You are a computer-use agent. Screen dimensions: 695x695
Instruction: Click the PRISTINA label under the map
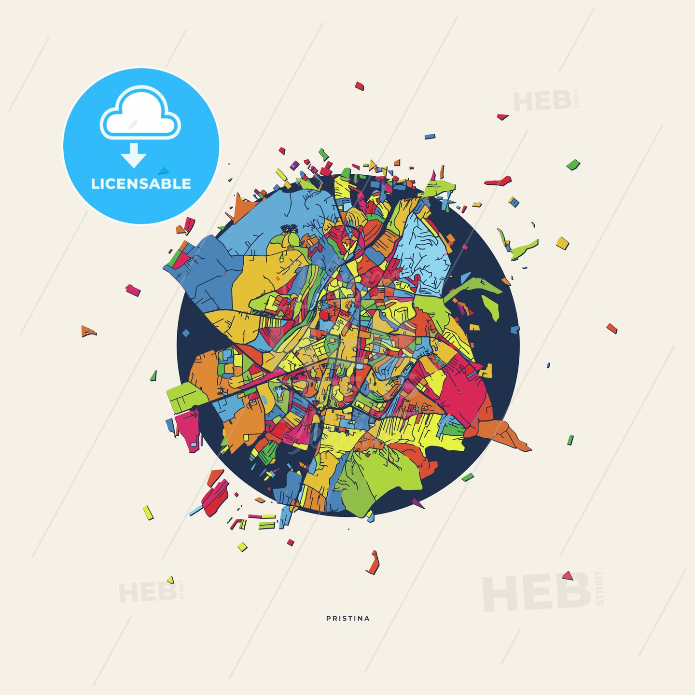348,618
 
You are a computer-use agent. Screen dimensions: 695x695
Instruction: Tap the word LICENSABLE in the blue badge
141,184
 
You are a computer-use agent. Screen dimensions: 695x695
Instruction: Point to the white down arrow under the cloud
134,155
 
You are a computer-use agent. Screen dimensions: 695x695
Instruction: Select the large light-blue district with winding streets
422,251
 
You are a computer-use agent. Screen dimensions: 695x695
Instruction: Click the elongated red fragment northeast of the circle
498,181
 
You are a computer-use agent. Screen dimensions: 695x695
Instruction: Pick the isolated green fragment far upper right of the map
573,165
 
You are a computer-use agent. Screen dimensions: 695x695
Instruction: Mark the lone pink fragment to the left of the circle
133,290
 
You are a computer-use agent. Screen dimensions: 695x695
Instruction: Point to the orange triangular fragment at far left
88,332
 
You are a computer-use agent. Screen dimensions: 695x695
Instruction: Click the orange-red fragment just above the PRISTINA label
373,563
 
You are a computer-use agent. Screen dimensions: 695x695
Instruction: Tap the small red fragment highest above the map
359,86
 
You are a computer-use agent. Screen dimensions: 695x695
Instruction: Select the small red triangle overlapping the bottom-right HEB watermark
567,575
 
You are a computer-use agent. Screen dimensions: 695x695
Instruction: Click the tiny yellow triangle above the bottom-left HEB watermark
170,580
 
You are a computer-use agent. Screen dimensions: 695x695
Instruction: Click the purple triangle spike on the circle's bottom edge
417,503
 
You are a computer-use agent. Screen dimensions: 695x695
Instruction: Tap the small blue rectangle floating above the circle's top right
430,137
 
